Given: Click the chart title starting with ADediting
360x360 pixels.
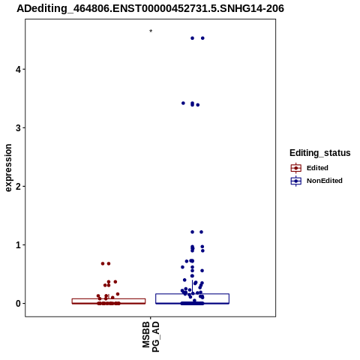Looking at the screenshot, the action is tap(150, 8).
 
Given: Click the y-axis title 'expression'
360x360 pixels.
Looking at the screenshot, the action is tap(8, 168).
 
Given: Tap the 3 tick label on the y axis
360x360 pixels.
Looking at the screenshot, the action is tap(18, 127).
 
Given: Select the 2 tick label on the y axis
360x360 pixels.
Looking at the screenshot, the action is tap(18, 186).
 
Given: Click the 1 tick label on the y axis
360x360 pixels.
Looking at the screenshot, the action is tap(18, 244).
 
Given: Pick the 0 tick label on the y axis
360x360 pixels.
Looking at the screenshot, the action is tap(18, 303).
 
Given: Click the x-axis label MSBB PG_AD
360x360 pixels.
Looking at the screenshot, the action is tap(151, 337).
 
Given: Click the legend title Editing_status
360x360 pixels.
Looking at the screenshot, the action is tap(320, 153).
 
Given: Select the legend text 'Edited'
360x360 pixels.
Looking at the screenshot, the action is tap(317, 168).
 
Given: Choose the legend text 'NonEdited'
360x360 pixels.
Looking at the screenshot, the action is tap(325, 181).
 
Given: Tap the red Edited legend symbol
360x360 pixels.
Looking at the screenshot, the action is tap(296, 168).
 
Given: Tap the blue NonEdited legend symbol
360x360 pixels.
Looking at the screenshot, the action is tap(296, 181).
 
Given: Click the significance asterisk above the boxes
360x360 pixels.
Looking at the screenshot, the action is tap(151, 31).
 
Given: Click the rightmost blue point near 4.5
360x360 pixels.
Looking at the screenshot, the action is tap(202, 38).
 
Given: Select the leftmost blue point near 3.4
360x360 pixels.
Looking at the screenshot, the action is tap(183, 103).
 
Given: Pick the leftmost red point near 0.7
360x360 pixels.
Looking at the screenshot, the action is tap(103, 263).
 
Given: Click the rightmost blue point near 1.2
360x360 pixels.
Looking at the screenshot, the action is tap(201, 232).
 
